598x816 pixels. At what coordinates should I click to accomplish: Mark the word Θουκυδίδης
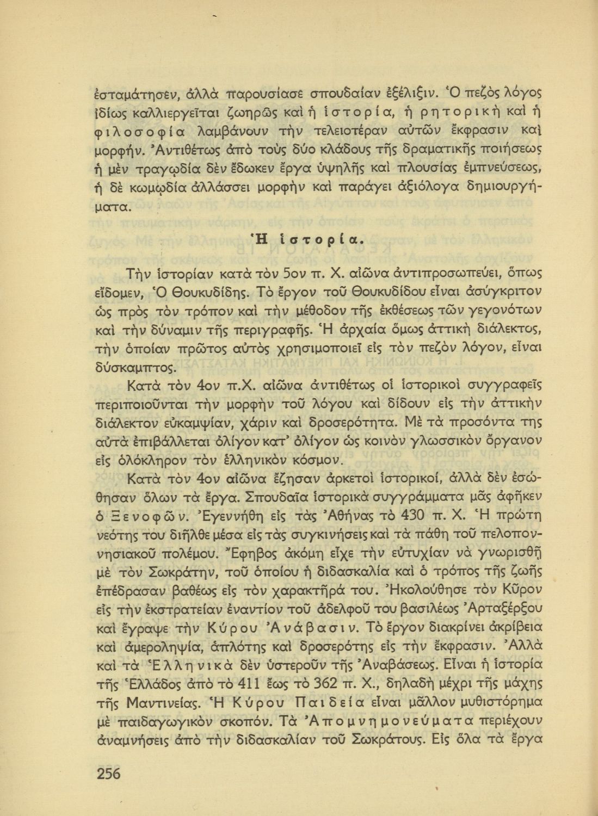[209, 292]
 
